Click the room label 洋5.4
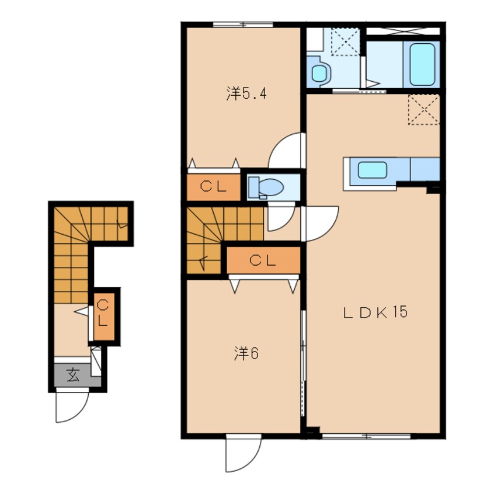246,93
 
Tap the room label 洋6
246,353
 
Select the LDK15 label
375,312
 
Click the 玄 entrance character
73,375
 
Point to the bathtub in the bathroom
422,65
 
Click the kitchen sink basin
373,169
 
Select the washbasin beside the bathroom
319,72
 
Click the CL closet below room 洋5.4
214,187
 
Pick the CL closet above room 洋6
263,260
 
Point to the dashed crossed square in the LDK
424,110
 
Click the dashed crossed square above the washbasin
345,41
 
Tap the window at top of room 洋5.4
243,25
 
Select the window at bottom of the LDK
366,436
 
